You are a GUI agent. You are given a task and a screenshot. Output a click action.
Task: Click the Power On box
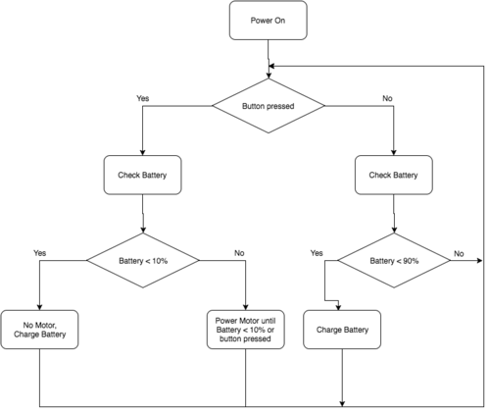[269, 21]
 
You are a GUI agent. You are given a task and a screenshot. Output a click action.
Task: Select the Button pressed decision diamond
[269, 106]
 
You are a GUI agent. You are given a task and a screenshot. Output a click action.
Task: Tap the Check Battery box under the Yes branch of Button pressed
[142, 175]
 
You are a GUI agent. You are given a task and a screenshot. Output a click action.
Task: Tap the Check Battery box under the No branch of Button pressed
[394, 175]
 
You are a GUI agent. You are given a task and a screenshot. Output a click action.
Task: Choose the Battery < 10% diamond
[143, 261]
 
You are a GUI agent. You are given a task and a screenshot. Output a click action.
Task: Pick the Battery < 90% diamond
[394, 261]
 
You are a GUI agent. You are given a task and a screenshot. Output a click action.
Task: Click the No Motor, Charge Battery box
[39, 330]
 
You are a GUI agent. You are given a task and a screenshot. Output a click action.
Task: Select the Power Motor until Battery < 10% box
[246, 330]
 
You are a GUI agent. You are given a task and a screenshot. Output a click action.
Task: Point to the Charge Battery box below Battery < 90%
[342, 330]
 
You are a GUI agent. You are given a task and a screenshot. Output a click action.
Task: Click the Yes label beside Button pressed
[143, 98]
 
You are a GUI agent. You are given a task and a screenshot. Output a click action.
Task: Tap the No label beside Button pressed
[387, 98]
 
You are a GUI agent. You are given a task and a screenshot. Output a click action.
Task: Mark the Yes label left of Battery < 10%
[40, 253]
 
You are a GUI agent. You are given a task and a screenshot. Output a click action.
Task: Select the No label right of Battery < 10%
[239, 253]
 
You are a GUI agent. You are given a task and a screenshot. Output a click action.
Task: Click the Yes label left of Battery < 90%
[317, 253]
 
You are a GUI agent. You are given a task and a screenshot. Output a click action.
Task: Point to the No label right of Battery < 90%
[459, 254]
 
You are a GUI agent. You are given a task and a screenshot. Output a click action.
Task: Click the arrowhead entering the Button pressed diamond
[269, 76]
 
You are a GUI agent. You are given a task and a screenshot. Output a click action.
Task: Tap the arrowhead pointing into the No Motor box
[39, 307]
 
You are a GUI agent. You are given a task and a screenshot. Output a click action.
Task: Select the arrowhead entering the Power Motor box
[246, 307]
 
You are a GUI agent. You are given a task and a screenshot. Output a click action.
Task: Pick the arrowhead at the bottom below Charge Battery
[342, 404]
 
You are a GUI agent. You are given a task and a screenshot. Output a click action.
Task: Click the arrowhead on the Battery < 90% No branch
[479, 261]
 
